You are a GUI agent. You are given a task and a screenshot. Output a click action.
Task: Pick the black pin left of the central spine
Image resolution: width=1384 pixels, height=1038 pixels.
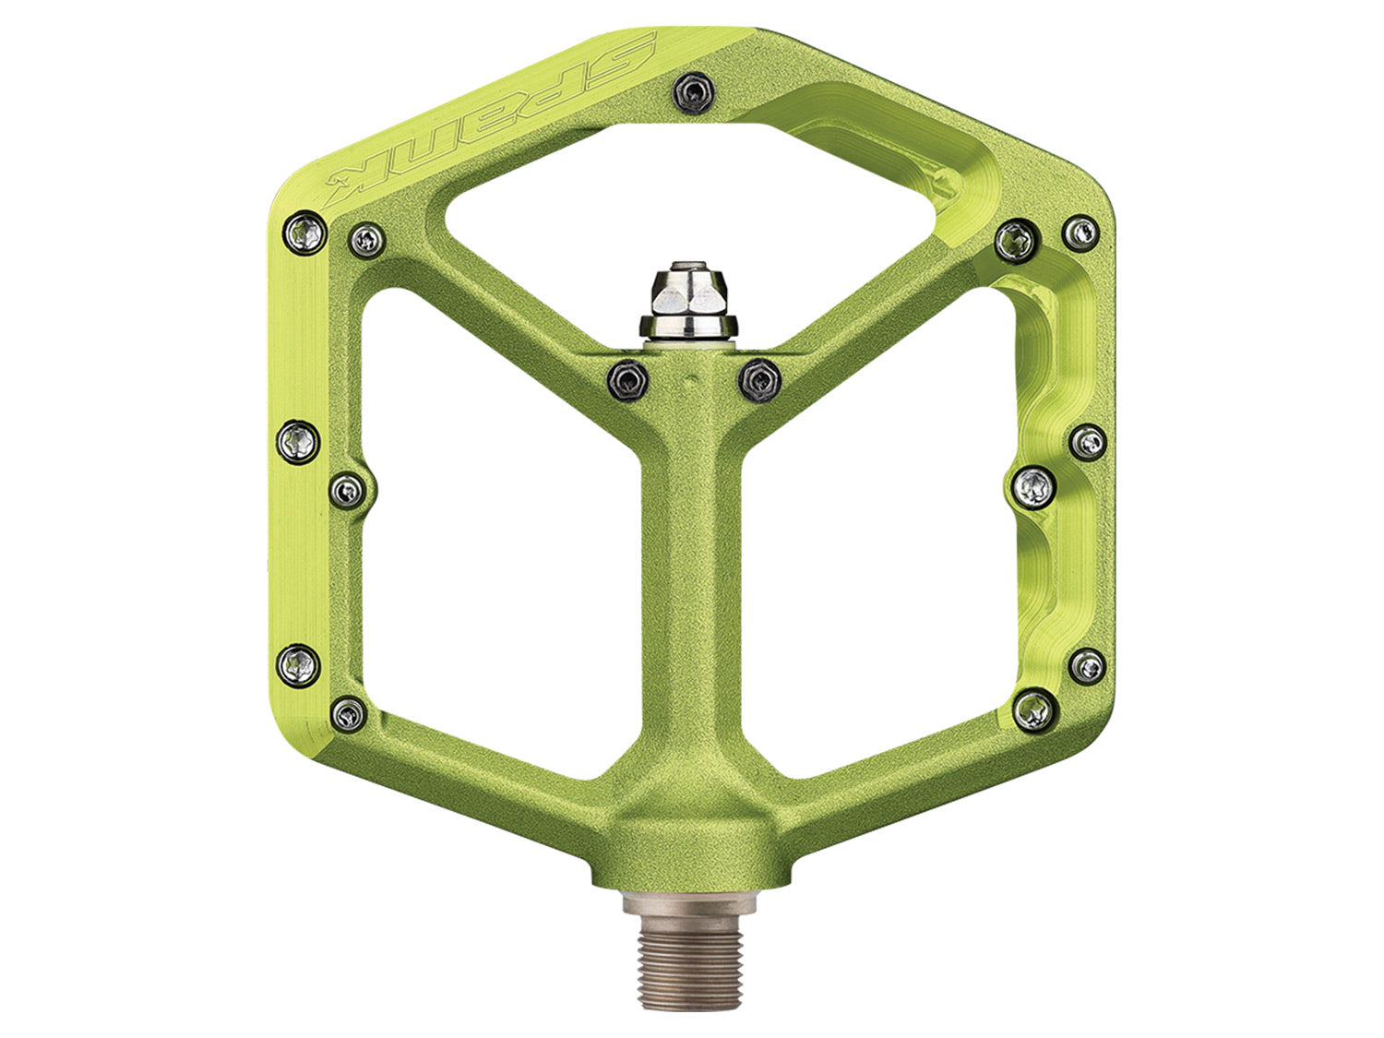(627, 378)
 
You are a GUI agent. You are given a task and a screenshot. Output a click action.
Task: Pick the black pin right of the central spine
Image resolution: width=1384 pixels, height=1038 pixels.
(758, 377)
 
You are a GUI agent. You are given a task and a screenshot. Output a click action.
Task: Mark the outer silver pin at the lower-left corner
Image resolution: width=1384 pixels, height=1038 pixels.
(299, 662)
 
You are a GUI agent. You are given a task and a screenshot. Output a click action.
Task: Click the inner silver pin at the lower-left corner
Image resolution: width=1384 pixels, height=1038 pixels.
(349, 711)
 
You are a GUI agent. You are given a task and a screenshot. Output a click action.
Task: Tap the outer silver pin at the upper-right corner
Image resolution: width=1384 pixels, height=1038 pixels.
(1080, 232)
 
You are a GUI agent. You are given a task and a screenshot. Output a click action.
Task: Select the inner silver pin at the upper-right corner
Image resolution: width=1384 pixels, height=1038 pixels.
(1017, 242)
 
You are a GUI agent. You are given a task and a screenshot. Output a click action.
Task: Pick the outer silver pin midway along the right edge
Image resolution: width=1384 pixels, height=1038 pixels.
(1088, 441)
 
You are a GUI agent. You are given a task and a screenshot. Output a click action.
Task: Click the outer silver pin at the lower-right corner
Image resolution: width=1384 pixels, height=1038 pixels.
(1087, 664)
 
